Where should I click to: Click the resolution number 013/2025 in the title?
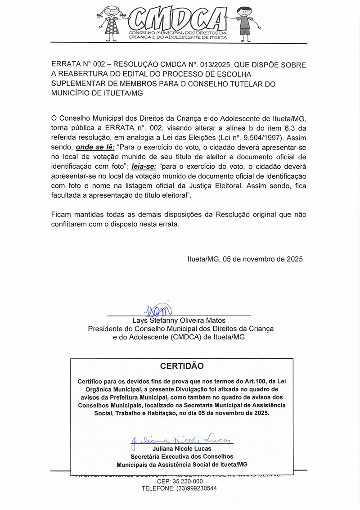214,65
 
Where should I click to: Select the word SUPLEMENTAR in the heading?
76,84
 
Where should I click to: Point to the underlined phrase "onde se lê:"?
95,147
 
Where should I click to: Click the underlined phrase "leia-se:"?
142,167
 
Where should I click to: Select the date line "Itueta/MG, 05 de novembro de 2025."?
246,259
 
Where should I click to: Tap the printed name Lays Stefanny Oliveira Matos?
180,321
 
